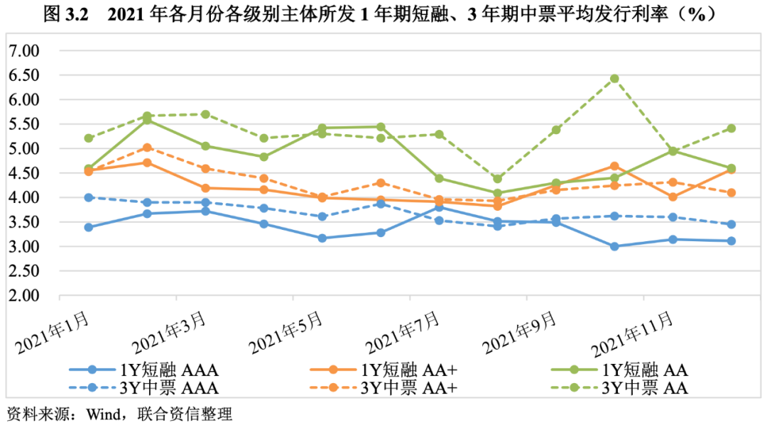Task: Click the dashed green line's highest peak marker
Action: pos(614,79)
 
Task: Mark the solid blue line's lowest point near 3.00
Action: pos(614,247)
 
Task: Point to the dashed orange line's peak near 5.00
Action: pos(147,148)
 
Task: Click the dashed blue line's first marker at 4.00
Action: pos(89,197)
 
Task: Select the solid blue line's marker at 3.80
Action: pos(440,206)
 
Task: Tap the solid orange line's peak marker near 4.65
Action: pos(614,166)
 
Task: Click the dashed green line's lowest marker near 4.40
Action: pos(498,179)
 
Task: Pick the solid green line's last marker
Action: pos(731,168)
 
